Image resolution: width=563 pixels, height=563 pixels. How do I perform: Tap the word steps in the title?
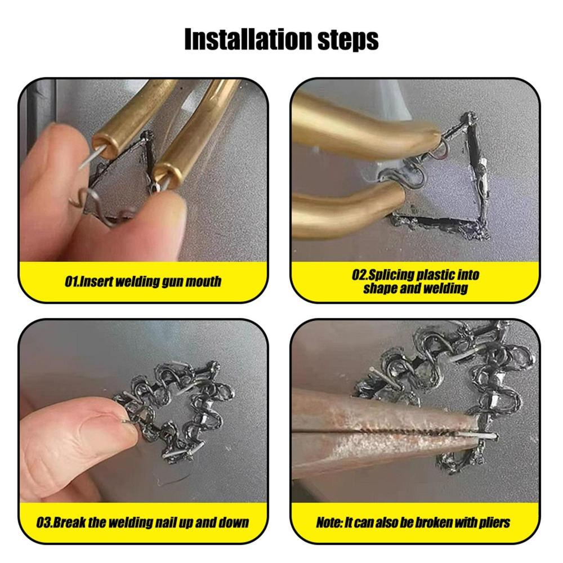click(x=348, y=40)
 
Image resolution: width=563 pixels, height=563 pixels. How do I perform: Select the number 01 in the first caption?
click(x=71, y=281)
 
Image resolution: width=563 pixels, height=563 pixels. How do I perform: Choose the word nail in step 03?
click(x=165, y=522)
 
